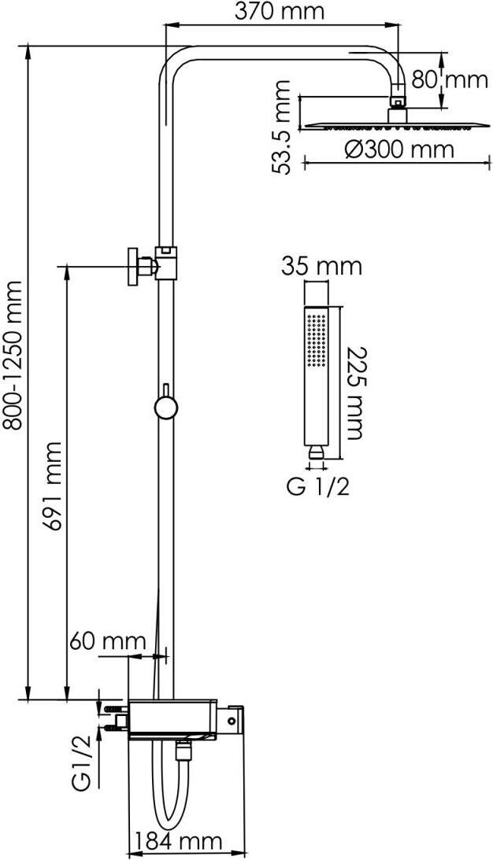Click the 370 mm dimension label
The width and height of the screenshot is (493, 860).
pos(280,10)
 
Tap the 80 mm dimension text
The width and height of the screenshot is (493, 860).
pos(450,79)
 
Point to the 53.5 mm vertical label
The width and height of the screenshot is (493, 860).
pos(282,127)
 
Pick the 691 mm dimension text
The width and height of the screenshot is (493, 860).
pos(53,485)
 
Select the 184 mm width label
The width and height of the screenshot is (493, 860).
pos(179,841)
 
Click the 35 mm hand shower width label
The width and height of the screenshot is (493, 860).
pos(322,267)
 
